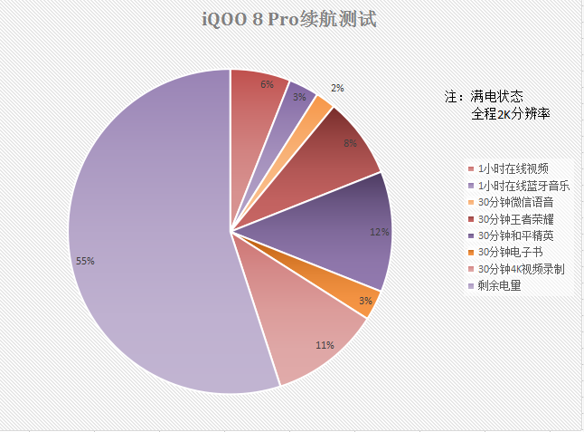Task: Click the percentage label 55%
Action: click(86, 261)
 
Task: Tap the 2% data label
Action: click(337, 88)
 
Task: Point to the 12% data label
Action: click(379, 232)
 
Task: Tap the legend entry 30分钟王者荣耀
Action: click(512, 218)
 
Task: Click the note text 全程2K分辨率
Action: click(511, 114)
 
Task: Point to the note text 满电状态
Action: click(497, 96)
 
